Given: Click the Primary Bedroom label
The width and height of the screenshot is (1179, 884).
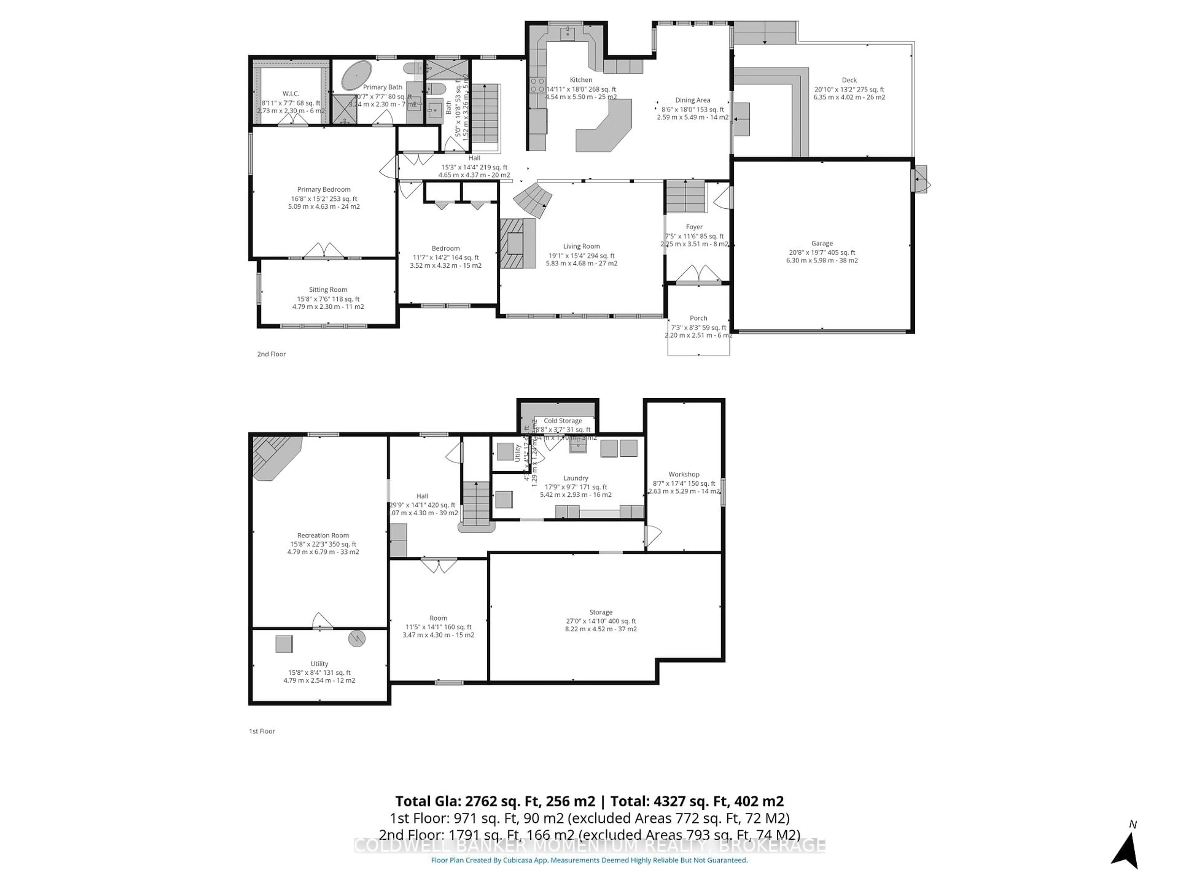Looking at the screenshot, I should click(324, 189).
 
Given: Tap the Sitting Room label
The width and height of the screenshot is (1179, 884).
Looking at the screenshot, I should click(328, 290).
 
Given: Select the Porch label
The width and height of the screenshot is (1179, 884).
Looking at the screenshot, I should click(698, 318).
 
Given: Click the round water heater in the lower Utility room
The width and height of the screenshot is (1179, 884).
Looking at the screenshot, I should click(356, 638).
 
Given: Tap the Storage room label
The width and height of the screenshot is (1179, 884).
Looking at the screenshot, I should click(601, 612).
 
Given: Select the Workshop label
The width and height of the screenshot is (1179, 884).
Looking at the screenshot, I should click(684, 474).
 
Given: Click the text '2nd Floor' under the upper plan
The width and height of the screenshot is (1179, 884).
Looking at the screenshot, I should click(271, 354).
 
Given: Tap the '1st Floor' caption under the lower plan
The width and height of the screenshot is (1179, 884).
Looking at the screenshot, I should click(262, 731).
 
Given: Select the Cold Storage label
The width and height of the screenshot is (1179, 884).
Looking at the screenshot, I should click(563, 421).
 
